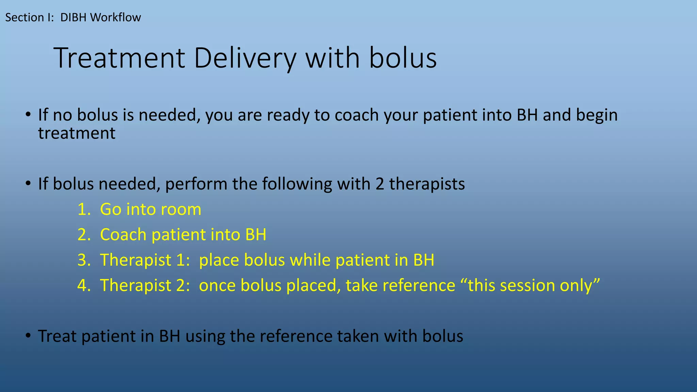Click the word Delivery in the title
(x=245, y=59)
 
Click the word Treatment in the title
(x=119, y=59)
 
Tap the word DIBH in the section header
(x=74, y=17)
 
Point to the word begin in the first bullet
(x=597, y=116)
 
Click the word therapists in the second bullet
(x=427, y=184)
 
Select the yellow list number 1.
(x=83, y=209)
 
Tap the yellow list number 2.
(x=83, y=235)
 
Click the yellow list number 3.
(x=83, y=260)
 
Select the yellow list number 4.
(x=83, y=285)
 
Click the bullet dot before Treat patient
(x=28, y=336)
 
